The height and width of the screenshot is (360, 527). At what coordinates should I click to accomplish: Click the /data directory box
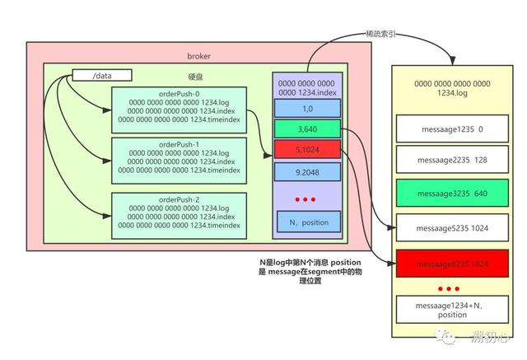(103, 76)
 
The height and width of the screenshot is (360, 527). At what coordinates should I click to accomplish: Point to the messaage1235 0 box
(449, 129)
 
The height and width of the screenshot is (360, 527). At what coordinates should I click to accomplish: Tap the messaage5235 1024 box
(449, 227)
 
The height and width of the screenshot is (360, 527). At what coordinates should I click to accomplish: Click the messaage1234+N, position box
(449, 310)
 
